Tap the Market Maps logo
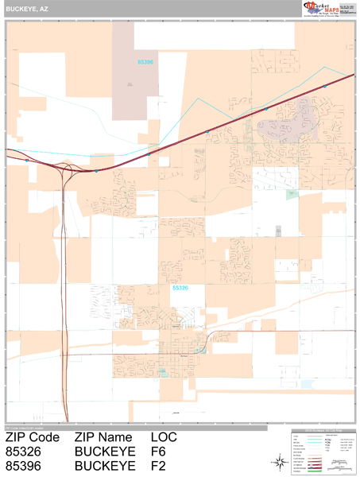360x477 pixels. coord(327,9)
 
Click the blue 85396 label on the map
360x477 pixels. coord(145,60)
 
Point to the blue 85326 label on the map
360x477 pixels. coord(180,289)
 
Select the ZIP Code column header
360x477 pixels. coord(33,437)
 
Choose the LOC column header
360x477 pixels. coord(164,437)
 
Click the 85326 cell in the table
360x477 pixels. coord(23,452)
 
